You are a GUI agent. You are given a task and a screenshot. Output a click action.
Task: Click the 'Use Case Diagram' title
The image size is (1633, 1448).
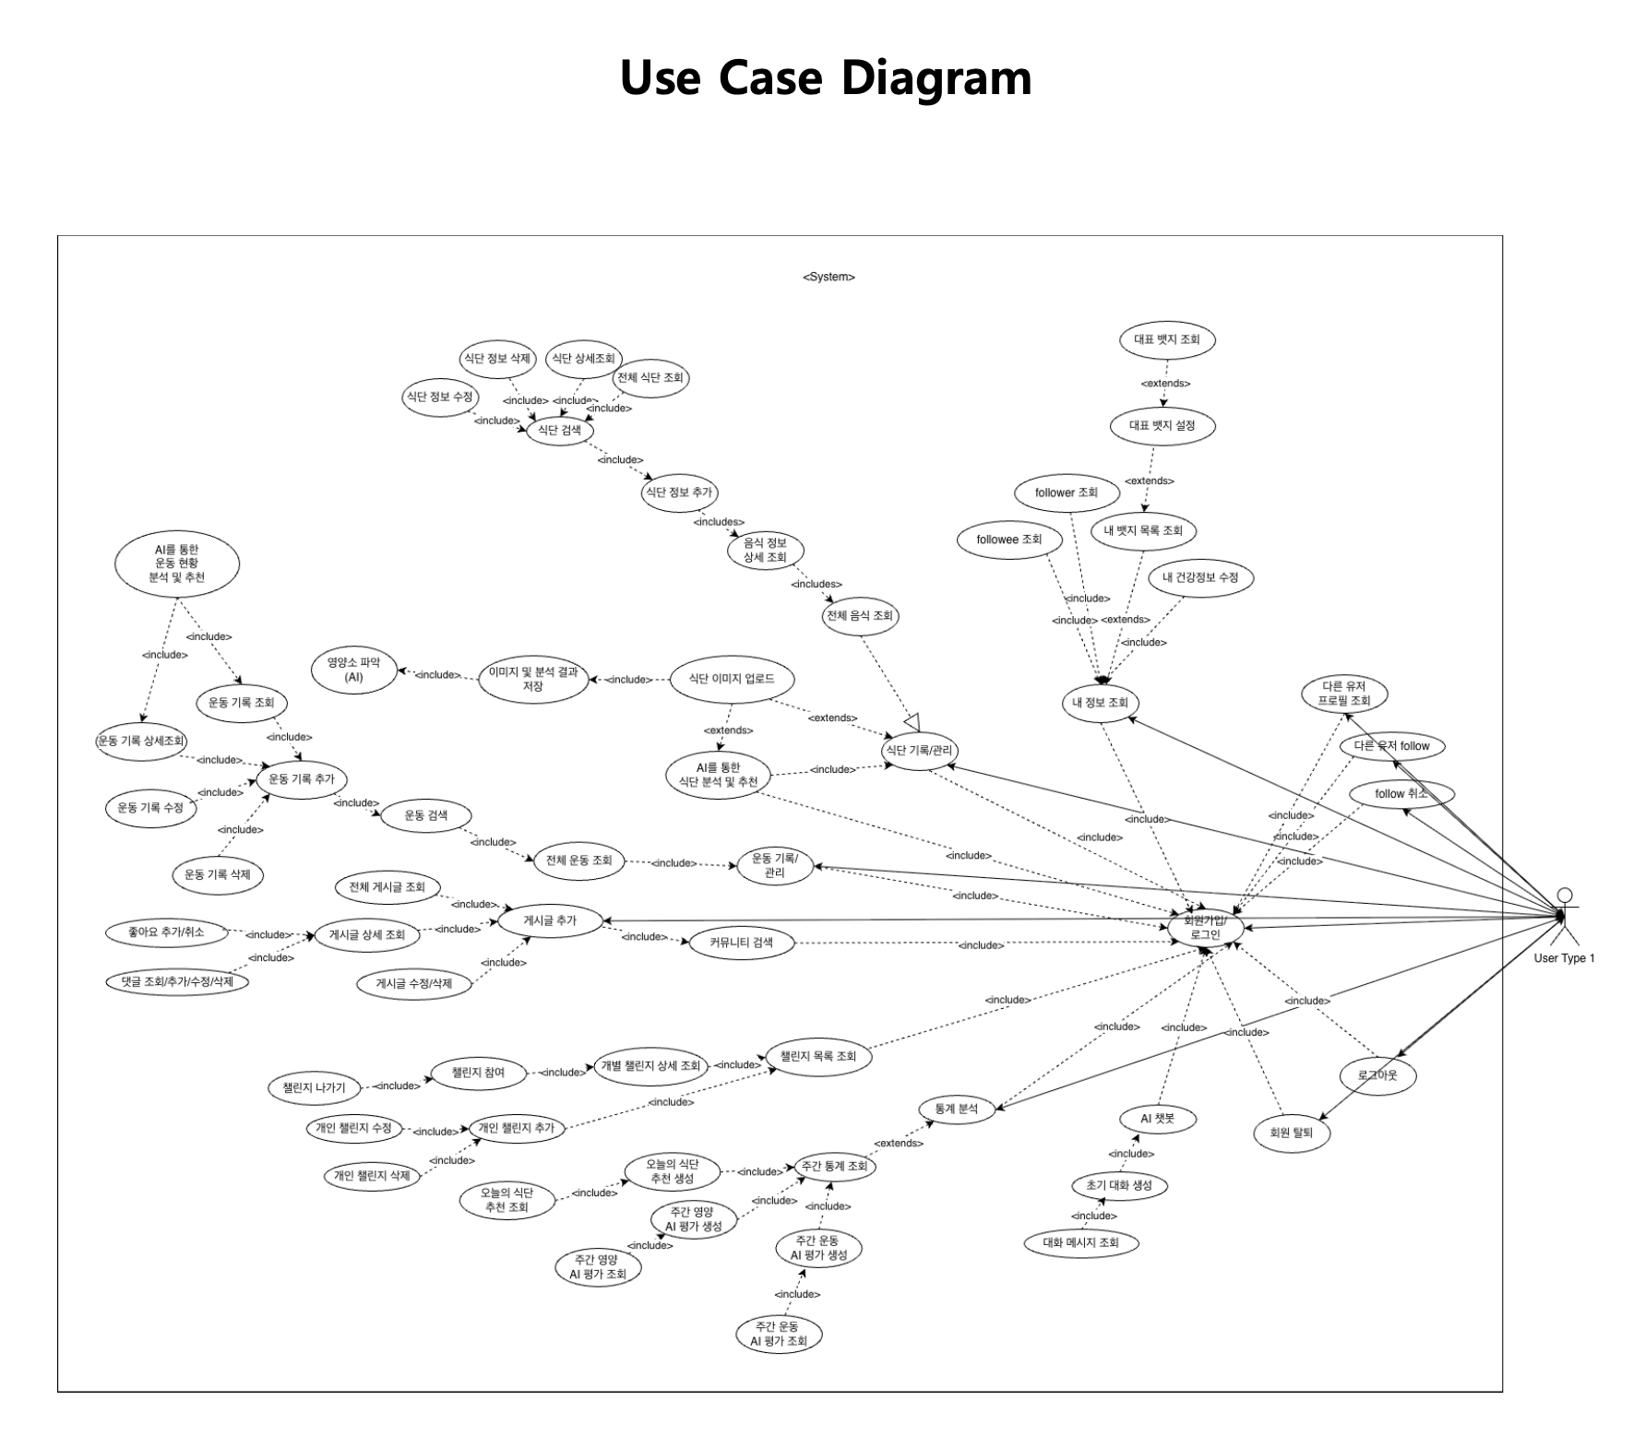pyautogui.click(x=825, y=77)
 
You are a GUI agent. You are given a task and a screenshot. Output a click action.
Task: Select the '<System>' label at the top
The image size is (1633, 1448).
pyautogui.click(x=828, y=277)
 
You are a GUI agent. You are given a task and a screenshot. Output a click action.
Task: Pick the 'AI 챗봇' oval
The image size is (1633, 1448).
pyautogui.click(x=1157, y=1119)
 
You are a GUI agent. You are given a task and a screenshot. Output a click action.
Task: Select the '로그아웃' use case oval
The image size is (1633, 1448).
pyautogui.click(x=1377, y=1075)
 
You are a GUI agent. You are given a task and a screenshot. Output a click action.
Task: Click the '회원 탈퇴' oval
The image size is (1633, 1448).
pyautogui.click(x=1291, y=1133)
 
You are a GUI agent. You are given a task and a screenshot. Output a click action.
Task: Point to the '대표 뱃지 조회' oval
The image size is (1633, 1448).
pyautogui.click(x=1166, y=339)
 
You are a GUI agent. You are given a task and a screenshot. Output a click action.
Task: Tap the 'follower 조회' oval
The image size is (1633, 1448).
pyautogui.click(x=1066, y=493)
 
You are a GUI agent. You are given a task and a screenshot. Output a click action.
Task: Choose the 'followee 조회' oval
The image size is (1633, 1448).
pyautogui.click(x=1008, y=540)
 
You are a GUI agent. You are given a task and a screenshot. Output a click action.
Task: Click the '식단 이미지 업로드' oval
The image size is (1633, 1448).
pyautogui.click(x=731, y=679)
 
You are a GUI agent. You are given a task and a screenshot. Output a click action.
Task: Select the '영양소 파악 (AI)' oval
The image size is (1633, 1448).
pyautogui.click(x=353, y=671)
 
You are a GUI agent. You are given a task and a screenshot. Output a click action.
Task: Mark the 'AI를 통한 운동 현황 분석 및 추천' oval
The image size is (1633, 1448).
pyautogui.click(x=177, y=564)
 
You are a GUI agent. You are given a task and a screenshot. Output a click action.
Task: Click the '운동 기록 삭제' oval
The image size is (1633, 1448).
pyautogui.click(x=217, y=874)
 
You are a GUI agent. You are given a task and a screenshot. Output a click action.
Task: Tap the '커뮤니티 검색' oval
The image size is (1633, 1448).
pyautogui.click(x=741, y=943)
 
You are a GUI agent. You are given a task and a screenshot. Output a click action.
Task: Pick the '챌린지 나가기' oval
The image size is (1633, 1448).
pyautogui.click(x=314, y=1087)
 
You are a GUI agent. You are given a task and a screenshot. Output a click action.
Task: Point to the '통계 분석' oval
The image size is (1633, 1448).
pyautogui.click(x=955, y=1109)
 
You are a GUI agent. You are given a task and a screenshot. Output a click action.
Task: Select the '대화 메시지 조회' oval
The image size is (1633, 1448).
pyautogui.click(x=1080, y=1242)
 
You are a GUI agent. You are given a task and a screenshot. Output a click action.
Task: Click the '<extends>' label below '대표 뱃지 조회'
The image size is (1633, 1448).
pyautogui.click(x=1165, y=384)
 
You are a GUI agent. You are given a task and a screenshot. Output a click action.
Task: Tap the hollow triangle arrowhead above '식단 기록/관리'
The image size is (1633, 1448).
pyautogui.click(x=912, y=719)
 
